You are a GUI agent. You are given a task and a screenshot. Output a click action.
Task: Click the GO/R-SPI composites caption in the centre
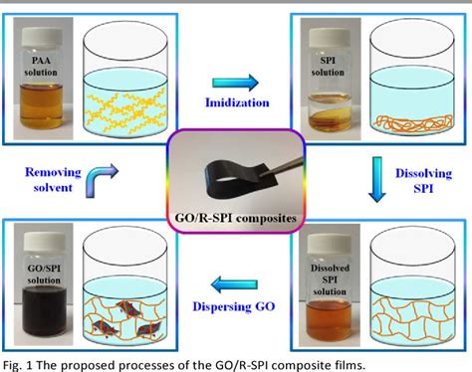point(236,217)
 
